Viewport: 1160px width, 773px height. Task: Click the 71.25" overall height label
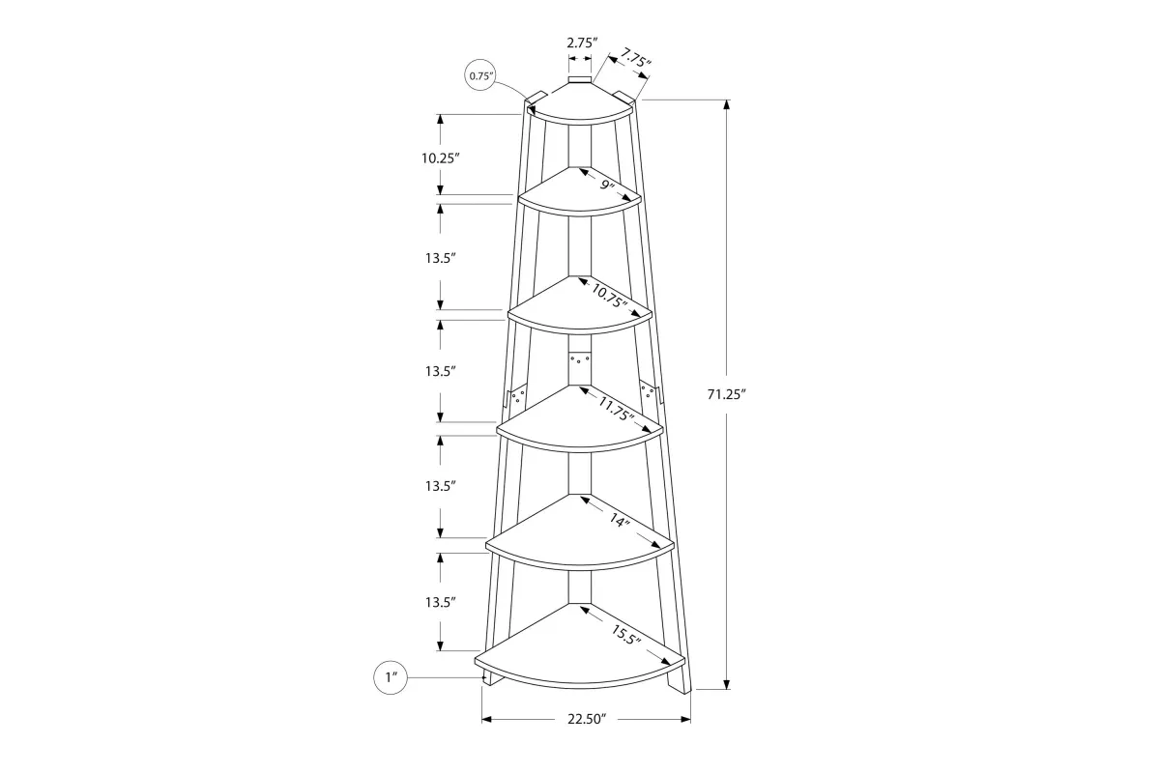pos(727,394)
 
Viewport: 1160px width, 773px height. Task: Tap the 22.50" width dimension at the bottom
pos(587,719)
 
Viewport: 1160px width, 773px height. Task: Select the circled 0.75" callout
pos(480,75)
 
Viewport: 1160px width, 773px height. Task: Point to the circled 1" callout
pos(391,678)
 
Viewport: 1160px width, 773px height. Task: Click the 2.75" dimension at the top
pos(581,43)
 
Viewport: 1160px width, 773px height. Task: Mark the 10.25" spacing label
pos(439,158)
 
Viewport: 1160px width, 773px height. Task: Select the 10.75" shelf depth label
pos(609,296)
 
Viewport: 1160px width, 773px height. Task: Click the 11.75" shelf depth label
pos(615,410)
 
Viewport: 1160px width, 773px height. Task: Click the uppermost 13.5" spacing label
pos(439,258)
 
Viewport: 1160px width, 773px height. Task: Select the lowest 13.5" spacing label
pos(439,601)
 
